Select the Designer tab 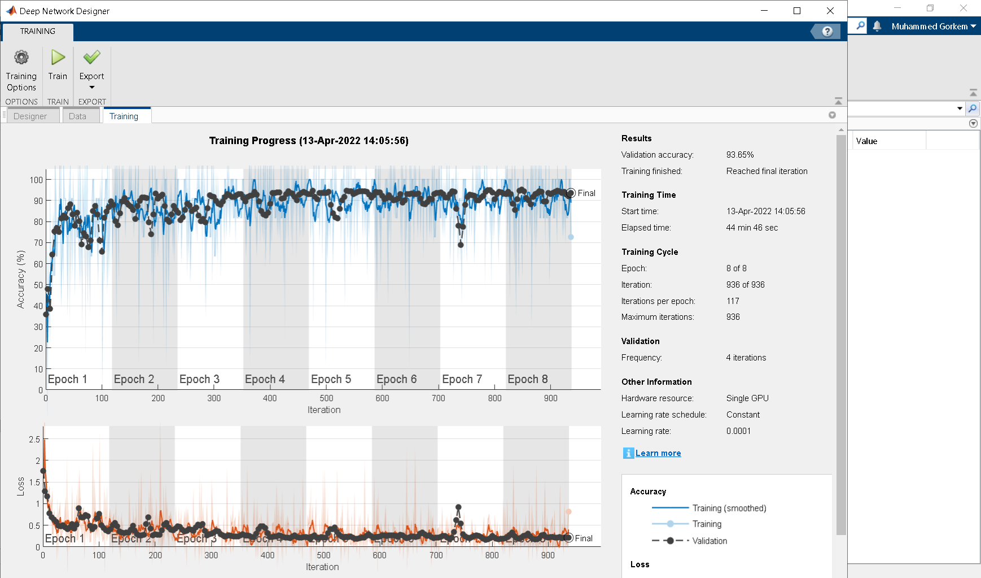tap(30, 116)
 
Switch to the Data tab tap(77, 116)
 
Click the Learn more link tap(658, 453)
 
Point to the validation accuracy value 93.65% tap(740, 155)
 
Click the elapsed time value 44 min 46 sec tap(752, 228)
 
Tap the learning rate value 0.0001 tap(738, 431)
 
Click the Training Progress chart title tap(309, 141)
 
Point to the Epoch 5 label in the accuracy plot tap(331, 379)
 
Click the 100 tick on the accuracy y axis tap(36, 180)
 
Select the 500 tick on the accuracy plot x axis tap(326, 398)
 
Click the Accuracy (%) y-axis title tap(21, 279)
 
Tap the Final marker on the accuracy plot tap(571, 193)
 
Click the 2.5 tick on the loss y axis tap(34, 440)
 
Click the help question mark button tap(827, 32)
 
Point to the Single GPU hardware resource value tap(747, 398)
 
